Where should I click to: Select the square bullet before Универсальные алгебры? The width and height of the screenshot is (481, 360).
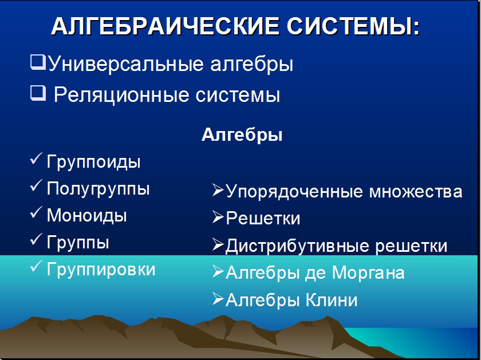point(38,62)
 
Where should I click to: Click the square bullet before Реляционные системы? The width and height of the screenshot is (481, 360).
point(38,93)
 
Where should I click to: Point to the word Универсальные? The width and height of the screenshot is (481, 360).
point(126,64)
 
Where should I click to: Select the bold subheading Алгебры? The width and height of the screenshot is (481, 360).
point(242,135)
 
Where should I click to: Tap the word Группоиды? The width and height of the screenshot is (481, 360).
point(93,161)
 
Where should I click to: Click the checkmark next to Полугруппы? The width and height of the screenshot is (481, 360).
point(36,185)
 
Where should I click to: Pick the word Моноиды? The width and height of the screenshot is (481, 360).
point(87,215)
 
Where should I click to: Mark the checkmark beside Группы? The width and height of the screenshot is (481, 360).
point(36,239)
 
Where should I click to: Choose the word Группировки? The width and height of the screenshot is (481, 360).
point(101,270)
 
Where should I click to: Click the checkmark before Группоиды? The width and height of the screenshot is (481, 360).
point(36,159)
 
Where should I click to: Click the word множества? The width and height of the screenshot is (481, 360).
point(416,192)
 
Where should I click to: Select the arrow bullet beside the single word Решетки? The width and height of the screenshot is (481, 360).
point(218,217)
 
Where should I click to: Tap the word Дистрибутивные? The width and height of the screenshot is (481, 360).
point(297,246)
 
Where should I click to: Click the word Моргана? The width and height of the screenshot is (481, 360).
point(368,272)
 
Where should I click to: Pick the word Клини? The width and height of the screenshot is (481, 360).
point(332,299)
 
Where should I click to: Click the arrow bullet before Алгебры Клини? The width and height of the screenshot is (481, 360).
point(218,299)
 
